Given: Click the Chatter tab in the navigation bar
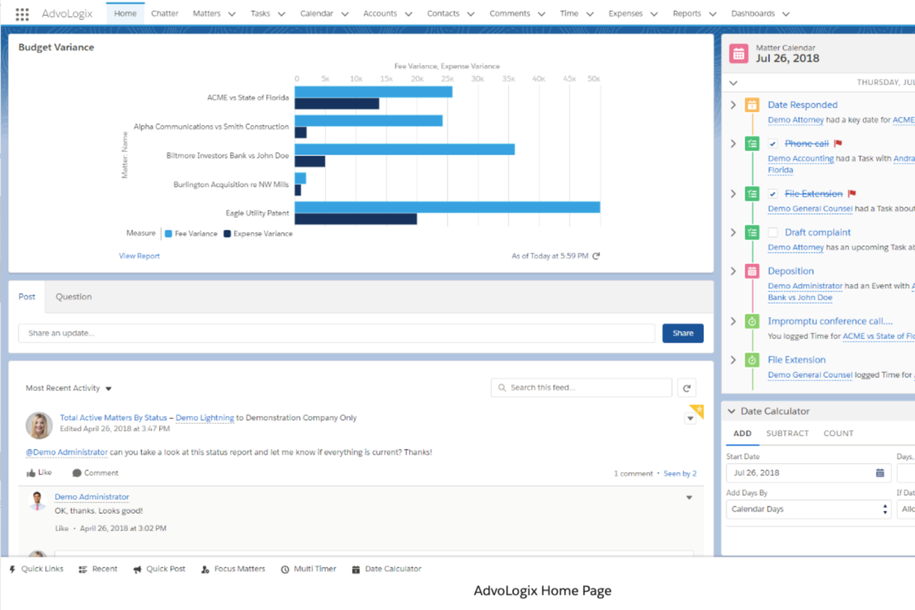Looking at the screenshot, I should coord(164,13).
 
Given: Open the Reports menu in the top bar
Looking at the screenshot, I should coord(687,13).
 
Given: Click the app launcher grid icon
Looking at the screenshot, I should coord(22,14).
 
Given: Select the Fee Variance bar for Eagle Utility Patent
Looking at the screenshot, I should coord(447,207).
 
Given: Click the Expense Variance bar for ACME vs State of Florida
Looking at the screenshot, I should coord(337,104).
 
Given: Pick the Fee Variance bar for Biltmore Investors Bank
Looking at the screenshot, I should coord(404,150).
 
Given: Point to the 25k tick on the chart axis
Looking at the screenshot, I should coord(447,79).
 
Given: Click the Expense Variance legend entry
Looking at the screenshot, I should coord(258,234).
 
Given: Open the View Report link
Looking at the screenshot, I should coord(139,256).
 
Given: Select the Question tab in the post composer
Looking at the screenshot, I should coord(74,297).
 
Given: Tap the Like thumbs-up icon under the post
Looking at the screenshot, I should coord(31,473).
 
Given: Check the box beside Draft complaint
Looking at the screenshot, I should coord(773,232).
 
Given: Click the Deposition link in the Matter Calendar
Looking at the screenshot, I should coord(790,271).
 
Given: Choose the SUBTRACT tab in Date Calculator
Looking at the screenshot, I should coord(787,433).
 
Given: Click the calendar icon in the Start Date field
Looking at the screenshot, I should coord(880,473).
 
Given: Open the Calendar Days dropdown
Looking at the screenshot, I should coord(808,509).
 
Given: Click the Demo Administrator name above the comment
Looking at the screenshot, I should coord(91,496).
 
